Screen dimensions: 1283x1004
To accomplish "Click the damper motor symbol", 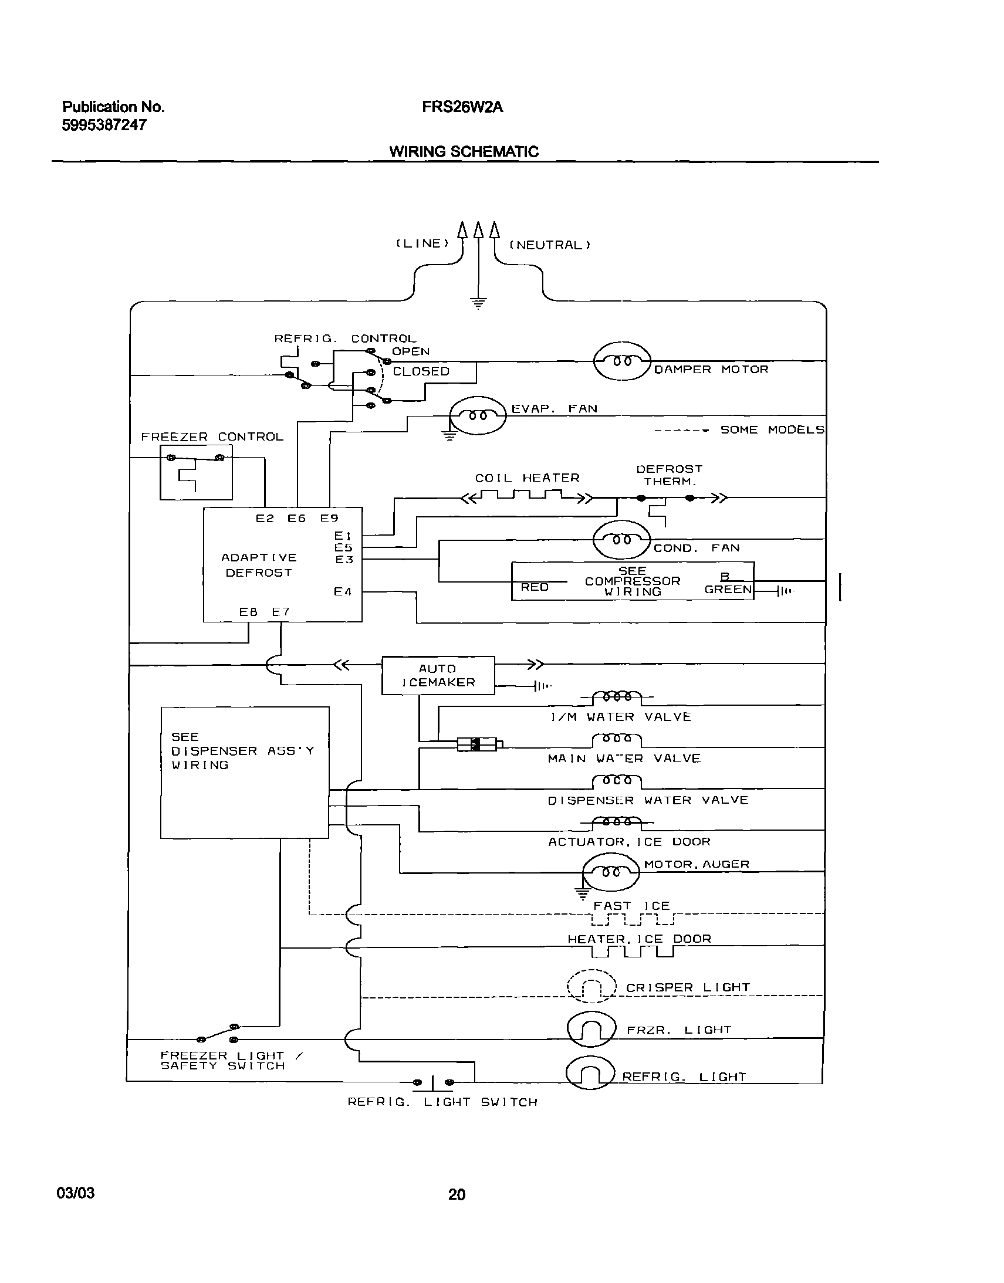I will [622, 361].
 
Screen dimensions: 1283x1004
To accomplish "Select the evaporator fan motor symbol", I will [477, 415].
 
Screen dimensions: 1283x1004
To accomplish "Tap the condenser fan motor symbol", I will [622, 539].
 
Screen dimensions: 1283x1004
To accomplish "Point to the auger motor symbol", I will [610, 872].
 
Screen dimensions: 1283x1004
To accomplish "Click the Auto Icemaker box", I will [438, 675].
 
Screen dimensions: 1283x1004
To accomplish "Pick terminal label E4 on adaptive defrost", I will [343, 591].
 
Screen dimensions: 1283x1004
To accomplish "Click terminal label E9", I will [329, 518].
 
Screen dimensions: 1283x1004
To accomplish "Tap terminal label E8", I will [248, 611].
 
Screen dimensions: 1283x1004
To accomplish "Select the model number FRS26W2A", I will [462, 107].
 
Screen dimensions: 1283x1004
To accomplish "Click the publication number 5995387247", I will [104, 124].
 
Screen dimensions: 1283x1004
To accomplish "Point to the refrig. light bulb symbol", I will [590, 1072].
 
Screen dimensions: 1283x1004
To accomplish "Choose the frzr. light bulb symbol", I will [591, 1028].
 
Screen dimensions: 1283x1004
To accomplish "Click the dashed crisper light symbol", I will [591, 986].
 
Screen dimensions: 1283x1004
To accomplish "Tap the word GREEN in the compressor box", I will [728, 589].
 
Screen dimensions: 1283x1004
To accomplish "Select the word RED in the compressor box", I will [535, 587].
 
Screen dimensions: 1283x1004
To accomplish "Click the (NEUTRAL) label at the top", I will [549, 245].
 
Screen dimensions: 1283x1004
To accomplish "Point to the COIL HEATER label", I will [528, 478].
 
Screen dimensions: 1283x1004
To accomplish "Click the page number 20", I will [457, 1194].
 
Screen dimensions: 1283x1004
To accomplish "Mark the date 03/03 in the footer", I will [75, 1193].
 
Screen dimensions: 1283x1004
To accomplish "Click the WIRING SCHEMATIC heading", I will [463, 151].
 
